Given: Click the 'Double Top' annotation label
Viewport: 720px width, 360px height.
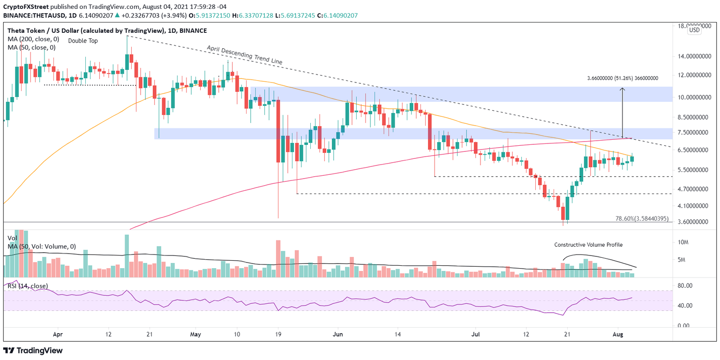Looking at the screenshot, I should coord(83,41).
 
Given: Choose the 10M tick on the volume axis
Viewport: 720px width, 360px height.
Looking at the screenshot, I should coord(684,242).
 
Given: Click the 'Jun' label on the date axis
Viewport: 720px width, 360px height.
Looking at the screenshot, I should coord(336,335).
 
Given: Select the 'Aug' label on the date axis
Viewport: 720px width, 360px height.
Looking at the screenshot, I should coord(618,335).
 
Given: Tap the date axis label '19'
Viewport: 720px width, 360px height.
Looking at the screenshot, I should coord(277,335).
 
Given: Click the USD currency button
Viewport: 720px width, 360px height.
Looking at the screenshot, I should coord(694,30).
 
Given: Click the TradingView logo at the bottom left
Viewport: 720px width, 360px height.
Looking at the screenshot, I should coord(33,351).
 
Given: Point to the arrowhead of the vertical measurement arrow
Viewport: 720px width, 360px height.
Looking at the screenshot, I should coord(622,89).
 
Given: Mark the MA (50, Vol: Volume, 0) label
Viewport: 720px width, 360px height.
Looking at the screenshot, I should coord(42,246).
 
